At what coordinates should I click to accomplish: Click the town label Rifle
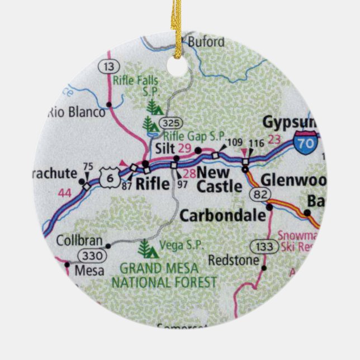153,183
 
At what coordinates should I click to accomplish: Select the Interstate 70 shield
307,140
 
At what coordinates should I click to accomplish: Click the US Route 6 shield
110,176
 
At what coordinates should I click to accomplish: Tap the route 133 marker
260,246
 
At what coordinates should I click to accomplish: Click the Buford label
206,42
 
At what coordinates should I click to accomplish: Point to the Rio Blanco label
77,112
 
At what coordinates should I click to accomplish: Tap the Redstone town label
233,260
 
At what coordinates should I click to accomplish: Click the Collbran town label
79,241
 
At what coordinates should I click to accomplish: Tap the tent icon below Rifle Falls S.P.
151,105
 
